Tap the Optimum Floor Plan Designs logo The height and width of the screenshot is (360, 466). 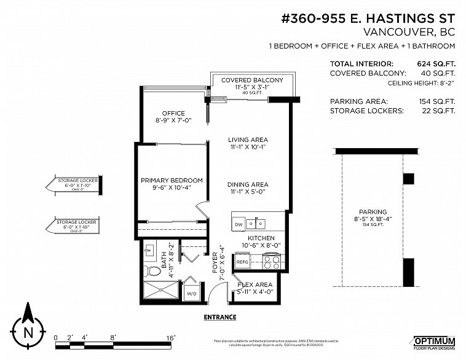click(434, 343)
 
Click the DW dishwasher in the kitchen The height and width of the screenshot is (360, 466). click(239, 225)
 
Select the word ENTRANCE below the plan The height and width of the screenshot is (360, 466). click(219, 318)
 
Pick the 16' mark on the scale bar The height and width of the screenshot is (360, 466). click(170, 337)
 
